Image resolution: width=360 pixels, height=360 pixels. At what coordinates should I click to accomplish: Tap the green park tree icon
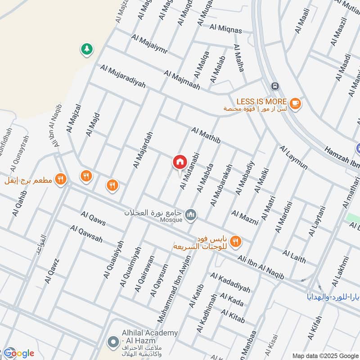(86, 49)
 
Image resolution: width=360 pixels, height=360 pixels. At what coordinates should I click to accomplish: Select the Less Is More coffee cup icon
(295, 103)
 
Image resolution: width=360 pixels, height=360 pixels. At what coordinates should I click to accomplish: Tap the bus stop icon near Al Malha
(274, 86)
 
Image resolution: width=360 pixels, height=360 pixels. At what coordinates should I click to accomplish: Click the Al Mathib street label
(206, 136)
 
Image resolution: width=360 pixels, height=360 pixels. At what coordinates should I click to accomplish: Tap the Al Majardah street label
(143, 150)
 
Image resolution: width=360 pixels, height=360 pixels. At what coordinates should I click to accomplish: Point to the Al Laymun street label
(293, 157)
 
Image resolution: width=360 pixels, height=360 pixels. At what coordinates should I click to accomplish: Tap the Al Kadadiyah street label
(230, 283)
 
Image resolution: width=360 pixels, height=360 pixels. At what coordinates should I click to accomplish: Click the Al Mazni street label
(245, 218)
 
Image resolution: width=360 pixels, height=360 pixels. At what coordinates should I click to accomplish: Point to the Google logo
(18, 353)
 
